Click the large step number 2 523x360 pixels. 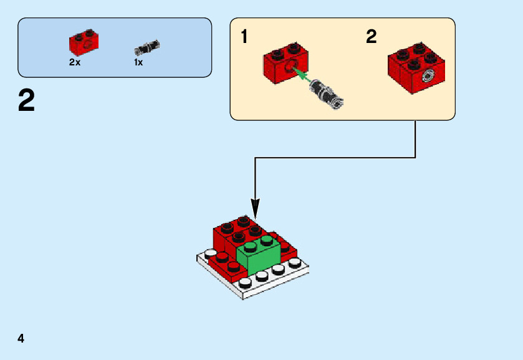[26, 100]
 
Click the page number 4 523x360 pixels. [21, 338]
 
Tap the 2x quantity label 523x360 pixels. [75, 62]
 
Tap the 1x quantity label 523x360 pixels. [138, 62]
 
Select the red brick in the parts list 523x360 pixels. [84, 43]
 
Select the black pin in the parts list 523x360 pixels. [147, 48]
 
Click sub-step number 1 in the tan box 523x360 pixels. [244, 36]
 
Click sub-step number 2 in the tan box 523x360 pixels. [372, 36]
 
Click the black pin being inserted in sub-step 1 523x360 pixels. [326, 94]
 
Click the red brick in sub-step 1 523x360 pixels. [286, 64]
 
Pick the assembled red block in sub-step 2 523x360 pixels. [416, 68]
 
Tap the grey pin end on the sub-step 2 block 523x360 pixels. [427, 76]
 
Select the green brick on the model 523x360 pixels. [258, 254]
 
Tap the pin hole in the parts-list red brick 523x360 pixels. [87, 45]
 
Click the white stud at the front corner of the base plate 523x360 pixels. [245, 283]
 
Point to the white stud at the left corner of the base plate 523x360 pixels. [211, 254]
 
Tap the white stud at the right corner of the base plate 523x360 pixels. [295, 263]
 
